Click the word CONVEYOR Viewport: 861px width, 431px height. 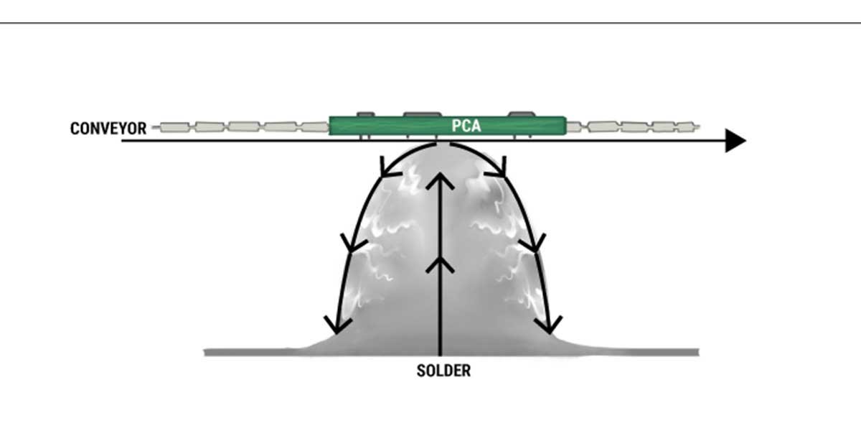point(108,129)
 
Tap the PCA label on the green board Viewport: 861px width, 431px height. point(466,126)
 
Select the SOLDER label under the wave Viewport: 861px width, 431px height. point(444,371)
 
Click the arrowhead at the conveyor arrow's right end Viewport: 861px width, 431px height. point(735,141)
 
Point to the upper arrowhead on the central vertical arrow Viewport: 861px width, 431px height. point(441,182)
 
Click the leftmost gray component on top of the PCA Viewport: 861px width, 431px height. point(365,113)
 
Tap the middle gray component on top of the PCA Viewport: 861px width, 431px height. point(423,113)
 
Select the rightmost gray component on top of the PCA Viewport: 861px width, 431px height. point(521,113)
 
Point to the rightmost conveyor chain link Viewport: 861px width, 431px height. point(684,127)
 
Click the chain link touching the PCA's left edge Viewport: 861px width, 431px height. point(314,127)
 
